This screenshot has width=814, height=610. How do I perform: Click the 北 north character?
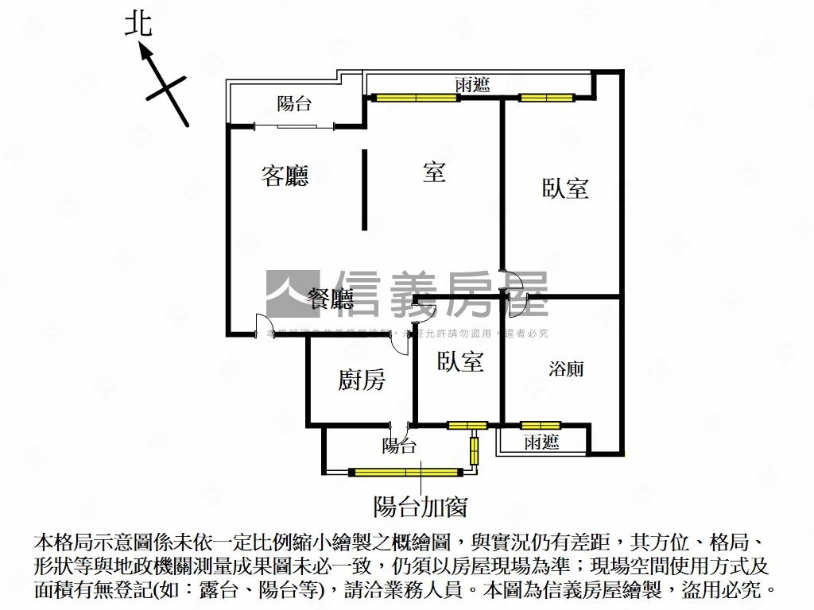(138, 25)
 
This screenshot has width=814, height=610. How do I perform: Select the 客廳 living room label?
(285, 176)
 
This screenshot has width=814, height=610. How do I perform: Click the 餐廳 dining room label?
(331, 299)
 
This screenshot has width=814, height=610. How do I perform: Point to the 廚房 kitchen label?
(362, 380)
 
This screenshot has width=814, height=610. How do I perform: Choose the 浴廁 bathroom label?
(566, 369)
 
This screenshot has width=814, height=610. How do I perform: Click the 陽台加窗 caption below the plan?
(420, 506)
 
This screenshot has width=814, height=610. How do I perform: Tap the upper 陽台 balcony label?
(294, 103)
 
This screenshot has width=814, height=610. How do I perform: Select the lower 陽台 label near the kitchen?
(399, 446)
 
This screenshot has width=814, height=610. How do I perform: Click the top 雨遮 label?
(472, 85)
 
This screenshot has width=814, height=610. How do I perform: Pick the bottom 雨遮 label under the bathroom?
(541, 442)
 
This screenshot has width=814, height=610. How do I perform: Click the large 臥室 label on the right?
(565, 188)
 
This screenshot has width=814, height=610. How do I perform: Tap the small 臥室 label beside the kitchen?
(460, 361)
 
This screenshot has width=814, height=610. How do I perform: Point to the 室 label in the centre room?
(434, 172)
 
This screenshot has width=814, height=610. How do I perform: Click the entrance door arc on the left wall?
(263, 326)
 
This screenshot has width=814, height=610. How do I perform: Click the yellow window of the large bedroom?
(547, 98)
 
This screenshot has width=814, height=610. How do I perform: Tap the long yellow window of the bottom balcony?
(405, 472)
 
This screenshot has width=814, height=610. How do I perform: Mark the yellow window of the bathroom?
(541, 425)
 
